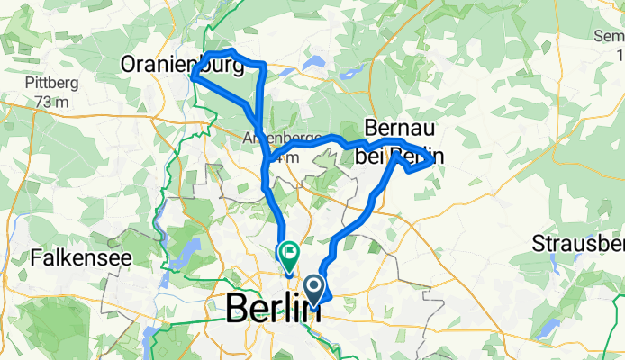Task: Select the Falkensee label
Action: point(81,256)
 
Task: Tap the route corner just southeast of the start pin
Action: point(331,298)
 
